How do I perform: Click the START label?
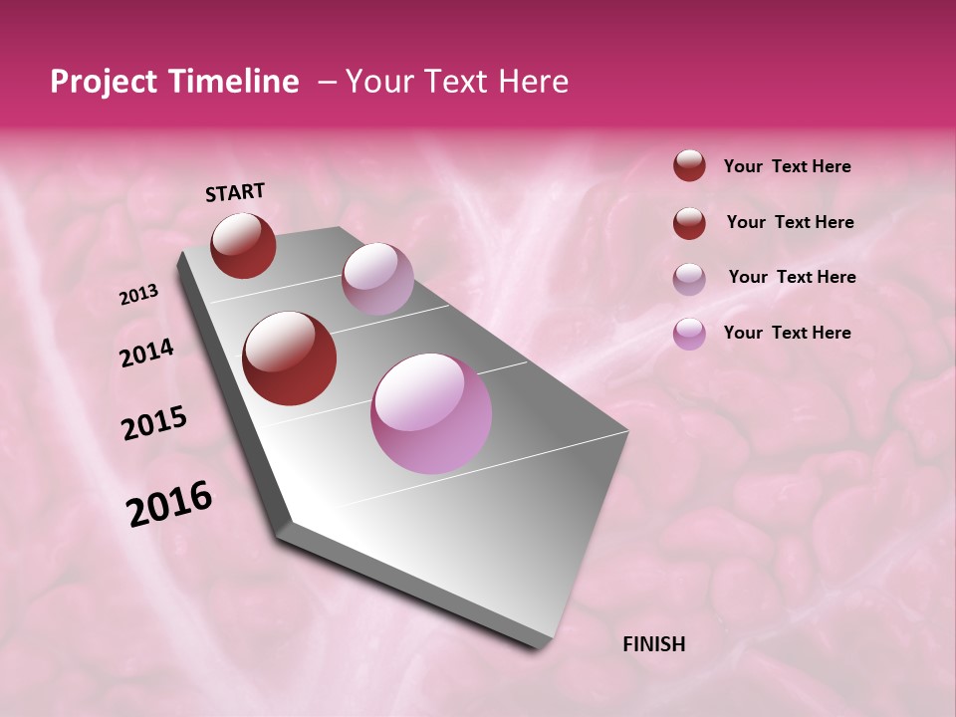pyautogui.click(x=235, y=191)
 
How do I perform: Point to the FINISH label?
pyautogui.click(x=653, y=644)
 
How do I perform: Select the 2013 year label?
pyautogui.click(x=138, y=295)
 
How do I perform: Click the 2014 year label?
pyautogui.click(x=146, y=354)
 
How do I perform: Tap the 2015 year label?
pyautogui.click(x=154, y=424)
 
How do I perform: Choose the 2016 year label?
pyautogui.click(x=169, y=504)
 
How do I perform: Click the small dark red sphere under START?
pyautogui.click(x=243, y=245)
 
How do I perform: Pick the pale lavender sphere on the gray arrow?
pyautogui.click(x=377, y=279)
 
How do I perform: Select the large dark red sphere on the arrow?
pyautogui.click(x=290, y=358)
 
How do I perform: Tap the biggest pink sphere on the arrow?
pyautogui.click(x=431, y=413)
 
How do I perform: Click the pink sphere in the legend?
pyautogui.click(x=689, y=334)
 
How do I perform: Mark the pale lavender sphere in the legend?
pyautogui.click(x=689, y=279)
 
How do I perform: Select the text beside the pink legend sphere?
pyautogui.click(x=787, y=333)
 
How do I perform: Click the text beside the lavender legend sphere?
pyautogui.click(x=792, y=277)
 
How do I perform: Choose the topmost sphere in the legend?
pyautogui.click(x=689, y=166)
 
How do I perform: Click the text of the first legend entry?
pyautogui.click(x=787, y=167)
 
